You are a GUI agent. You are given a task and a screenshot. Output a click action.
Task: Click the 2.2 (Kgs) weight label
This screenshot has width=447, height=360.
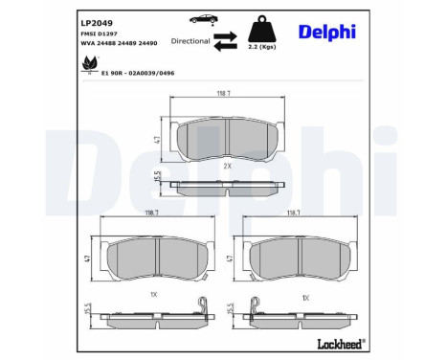[x=261, y=45]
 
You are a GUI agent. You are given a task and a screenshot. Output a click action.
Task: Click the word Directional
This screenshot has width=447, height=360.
[x=190, y=41]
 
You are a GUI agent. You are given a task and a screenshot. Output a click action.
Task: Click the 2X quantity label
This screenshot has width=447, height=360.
[x=228, y=166]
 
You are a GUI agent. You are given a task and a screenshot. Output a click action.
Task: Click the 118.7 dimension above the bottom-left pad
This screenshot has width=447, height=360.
[x=150, y=216]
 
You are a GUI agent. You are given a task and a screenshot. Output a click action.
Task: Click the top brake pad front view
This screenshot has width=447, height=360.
[x=228, y=139]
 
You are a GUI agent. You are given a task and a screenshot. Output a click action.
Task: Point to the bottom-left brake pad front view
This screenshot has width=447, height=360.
[x=150, y=259]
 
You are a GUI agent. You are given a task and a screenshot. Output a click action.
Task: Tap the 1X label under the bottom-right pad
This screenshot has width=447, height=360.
[x=305, y=298]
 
